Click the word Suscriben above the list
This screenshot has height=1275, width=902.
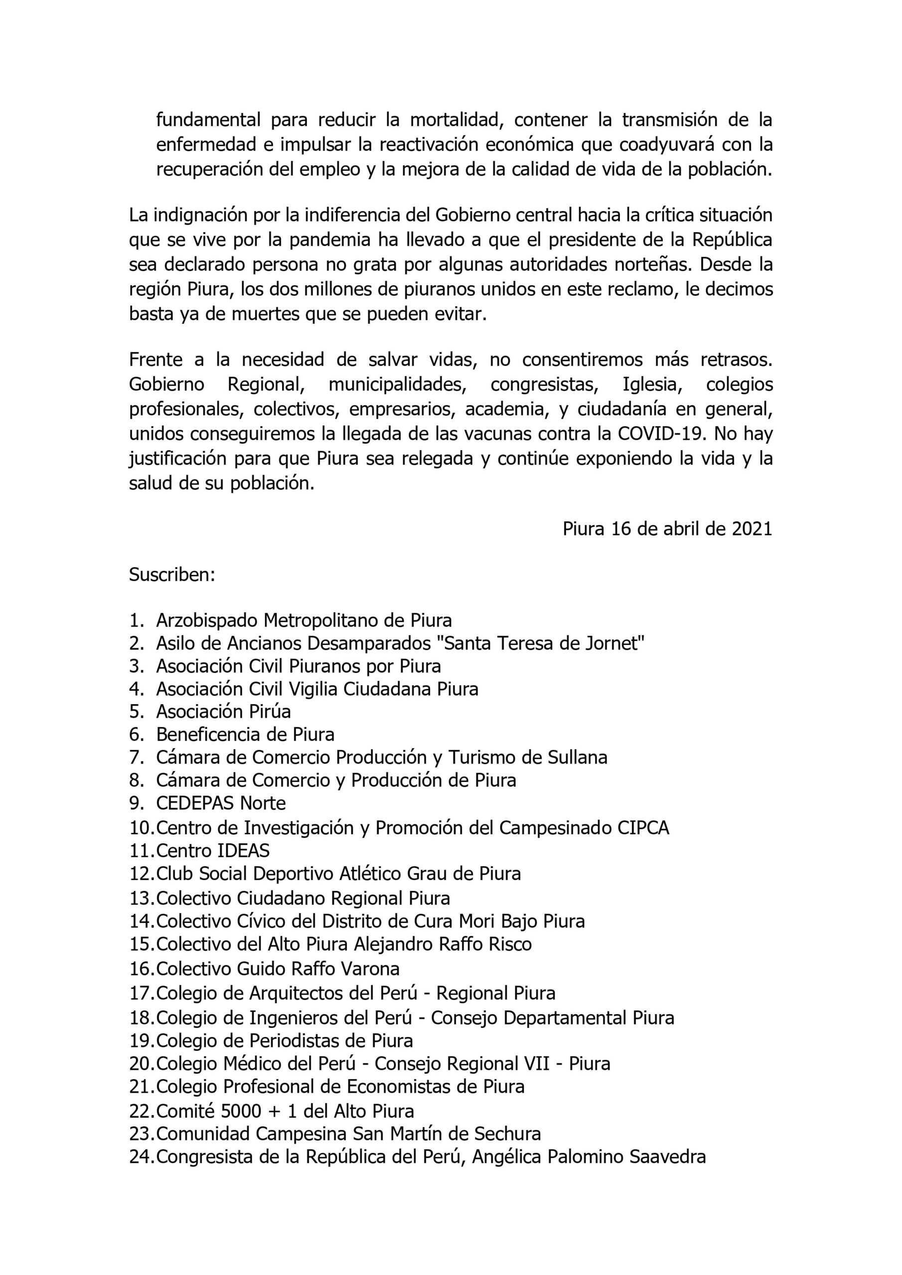(172, 575)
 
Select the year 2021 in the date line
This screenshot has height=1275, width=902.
(752, 528)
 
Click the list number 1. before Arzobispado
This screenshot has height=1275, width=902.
(137, 620)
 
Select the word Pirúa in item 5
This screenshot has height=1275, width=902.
(269, 711)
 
